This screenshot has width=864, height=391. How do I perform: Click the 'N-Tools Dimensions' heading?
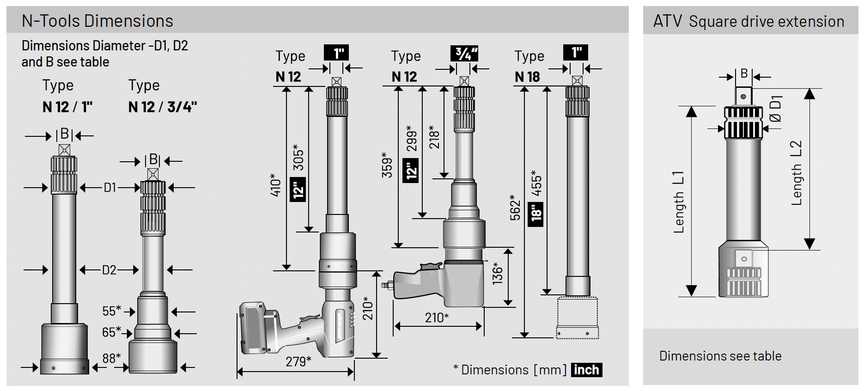click(97, 21)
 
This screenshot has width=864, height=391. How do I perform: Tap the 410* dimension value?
click(275, 184)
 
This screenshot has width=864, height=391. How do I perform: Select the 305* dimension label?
click(298, 159)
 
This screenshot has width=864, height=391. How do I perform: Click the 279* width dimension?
click(298, 361)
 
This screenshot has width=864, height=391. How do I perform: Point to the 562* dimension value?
click(515, 207)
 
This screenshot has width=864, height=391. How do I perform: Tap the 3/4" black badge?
click(464, 54)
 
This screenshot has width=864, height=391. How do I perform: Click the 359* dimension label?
click(387, 165)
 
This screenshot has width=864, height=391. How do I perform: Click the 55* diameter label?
click(111, 311)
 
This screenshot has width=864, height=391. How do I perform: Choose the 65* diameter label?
click(111, 332)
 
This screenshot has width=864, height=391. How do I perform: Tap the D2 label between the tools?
click(109, 270)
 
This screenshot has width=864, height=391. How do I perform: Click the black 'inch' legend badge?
click(586, 370)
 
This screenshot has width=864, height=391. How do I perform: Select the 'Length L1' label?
click(678, 202)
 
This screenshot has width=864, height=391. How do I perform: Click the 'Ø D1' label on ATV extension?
click(776, 109)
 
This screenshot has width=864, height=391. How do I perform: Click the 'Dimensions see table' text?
click(720, 356)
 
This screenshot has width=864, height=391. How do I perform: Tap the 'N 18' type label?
click(527, 77)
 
